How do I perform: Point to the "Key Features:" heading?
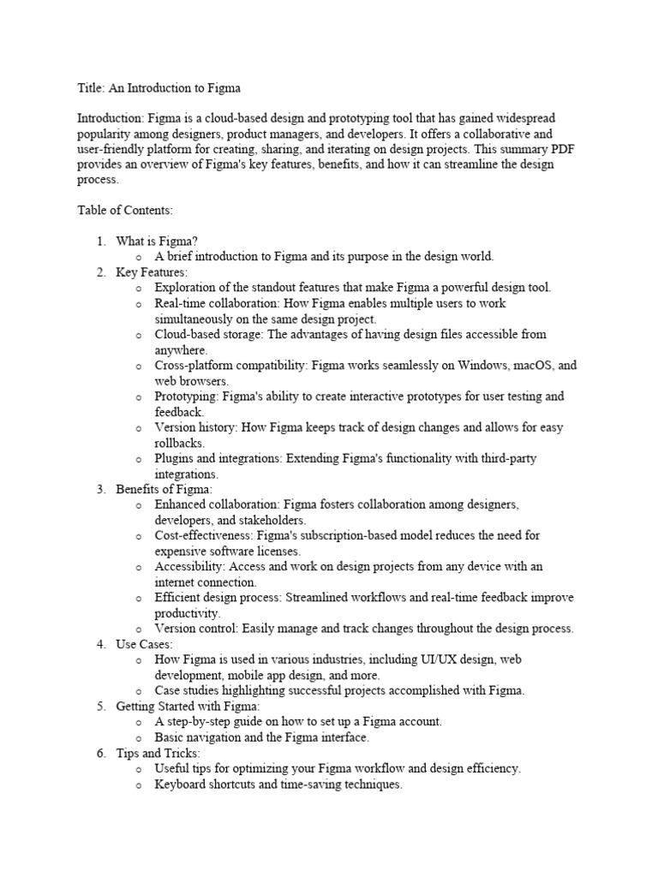pos(152,272)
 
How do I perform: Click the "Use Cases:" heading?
pos(145,644)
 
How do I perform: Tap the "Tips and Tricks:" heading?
pos(158,753)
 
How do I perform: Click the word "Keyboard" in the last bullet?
pos(180,784)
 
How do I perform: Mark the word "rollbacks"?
pos(178,443)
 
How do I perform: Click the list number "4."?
pos(100,644)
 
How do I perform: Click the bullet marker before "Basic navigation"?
pos(139,737)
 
